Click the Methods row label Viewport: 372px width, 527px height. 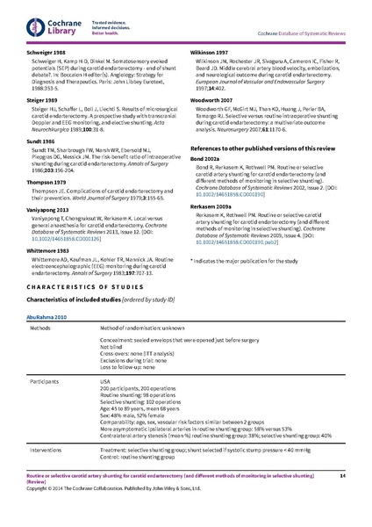click(45, 327)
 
